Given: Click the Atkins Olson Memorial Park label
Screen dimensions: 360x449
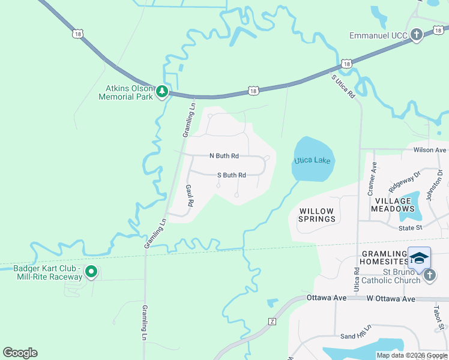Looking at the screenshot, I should [x=125, y=92].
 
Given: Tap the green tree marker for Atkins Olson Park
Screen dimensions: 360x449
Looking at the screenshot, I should [x=161, y=92].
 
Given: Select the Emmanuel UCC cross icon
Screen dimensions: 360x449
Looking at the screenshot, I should [x=417, y=35].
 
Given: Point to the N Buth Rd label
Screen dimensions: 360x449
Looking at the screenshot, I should [x=224, y=156].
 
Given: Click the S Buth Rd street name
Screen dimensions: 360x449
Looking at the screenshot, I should [x=231, y=175].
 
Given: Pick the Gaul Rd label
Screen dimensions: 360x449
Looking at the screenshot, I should [x=189, y=196].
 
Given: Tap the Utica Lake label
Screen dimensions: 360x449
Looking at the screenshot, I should [x=313, y=161].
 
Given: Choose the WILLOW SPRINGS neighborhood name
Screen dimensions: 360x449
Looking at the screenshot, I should [x=317, y=215].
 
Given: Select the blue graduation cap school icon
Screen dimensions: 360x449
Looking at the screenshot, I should [x=419, y=258].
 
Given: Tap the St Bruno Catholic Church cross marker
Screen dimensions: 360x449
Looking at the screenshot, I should [x=429, y=275].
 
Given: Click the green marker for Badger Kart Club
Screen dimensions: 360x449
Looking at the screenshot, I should [x=91, y=272].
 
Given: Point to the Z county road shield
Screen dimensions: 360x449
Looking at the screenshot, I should [x=272, y=322].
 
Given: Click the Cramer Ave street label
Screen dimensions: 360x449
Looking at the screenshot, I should [x=372, y=179].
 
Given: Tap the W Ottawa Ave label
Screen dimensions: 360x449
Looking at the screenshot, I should [x=391, y=298].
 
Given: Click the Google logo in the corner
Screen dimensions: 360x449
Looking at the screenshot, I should [x=20, y=353].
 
